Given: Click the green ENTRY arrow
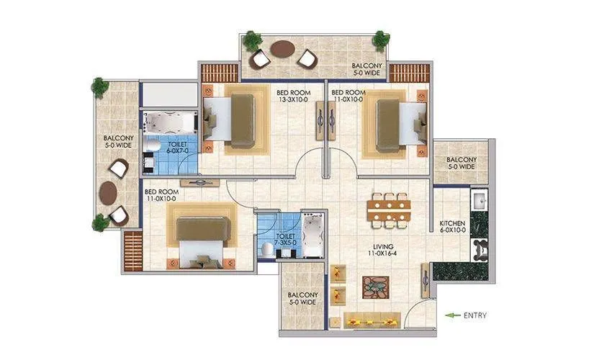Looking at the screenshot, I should point(452,315).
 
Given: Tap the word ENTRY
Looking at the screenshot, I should point(475,315).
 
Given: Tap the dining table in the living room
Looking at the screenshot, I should point(389,210).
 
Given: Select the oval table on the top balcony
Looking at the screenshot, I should point(282,50).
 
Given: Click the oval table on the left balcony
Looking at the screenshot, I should point(109,192).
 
